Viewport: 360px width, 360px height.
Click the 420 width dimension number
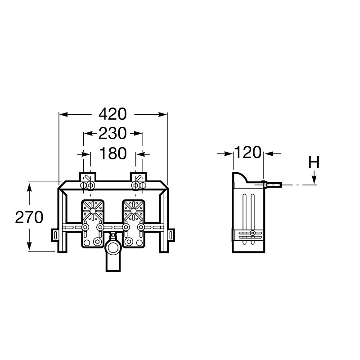[x=112, y=114]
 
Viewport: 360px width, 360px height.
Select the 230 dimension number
[x=112, y=133]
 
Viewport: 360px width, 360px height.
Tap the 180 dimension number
[x=113, y=153]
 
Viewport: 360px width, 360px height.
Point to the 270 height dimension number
[x=29, y=217]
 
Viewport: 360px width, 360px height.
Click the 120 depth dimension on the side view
[x=248, y=152]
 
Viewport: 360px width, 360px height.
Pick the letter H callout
[x=314, y=162]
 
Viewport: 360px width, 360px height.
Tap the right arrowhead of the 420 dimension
[x=163, y=114]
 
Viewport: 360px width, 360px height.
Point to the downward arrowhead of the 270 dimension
[x=29, y=246]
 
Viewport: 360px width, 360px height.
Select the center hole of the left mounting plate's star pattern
[x=93, y=211]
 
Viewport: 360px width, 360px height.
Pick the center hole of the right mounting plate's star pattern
[x=133, y=211]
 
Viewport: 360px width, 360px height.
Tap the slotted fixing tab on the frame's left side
[x=55, y=235]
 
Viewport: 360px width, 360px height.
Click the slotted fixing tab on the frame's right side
[x=171, y=235]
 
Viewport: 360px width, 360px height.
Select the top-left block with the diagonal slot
[x=88, y=177]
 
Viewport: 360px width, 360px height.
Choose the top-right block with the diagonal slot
[x=139, y=177]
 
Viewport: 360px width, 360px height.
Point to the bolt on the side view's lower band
[x=252, y=233]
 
